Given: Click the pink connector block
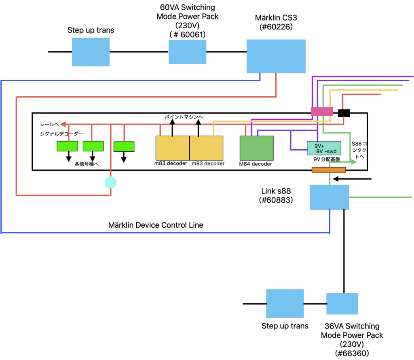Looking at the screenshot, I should [x=321, y=111].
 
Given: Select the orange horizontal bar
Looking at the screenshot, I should [x=329, y=170].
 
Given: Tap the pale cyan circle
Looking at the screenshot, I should [x=110, y=182].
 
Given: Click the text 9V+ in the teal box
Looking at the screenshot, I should [x=319, y=146].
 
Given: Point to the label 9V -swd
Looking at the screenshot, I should [x=326, y=151].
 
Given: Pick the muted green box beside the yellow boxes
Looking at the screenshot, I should [x=257, y=148].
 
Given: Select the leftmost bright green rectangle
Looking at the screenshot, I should [x=67, y=146].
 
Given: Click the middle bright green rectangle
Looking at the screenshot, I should [x=93, y=146].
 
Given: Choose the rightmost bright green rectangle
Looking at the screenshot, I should [x=124, y=146].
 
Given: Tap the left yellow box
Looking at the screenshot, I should [x=172, y=148].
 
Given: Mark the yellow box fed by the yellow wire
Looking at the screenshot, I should [x=206, y=148].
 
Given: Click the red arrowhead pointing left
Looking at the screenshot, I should [x=63, y=124].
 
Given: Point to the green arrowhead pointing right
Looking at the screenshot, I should [x=354, y=162].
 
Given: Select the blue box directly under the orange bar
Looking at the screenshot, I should [x=329, y=197].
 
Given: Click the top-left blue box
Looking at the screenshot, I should [x=91, y=52].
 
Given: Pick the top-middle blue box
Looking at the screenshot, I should [x=187, y=52].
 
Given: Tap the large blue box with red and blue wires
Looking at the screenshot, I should [x=276, y=56].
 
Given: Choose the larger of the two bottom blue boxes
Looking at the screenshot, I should [x=285, y=303].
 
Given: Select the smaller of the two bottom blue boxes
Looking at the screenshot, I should [x=342, y=304].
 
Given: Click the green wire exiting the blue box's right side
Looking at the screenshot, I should [x=380, y=197].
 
